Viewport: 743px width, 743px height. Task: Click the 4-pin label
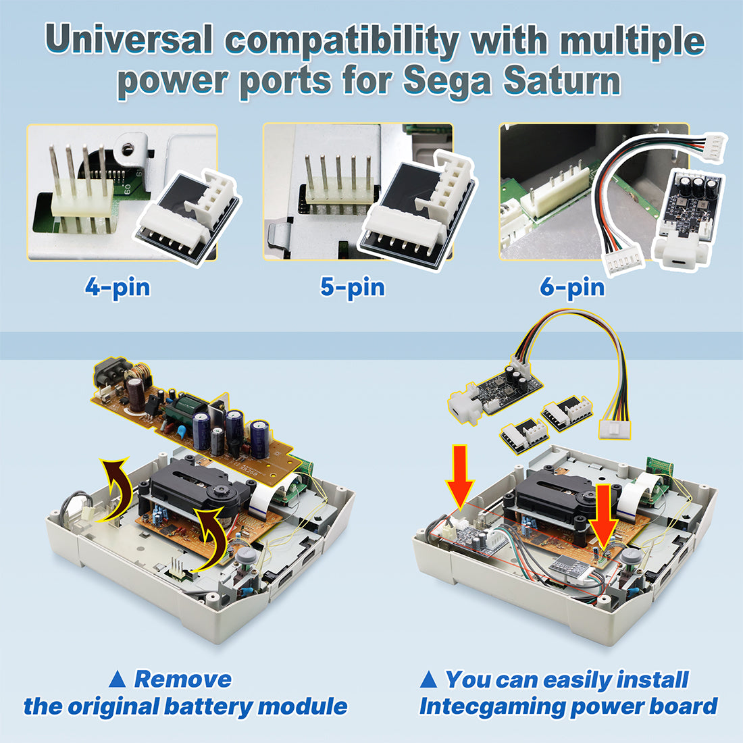[x=118, y=287]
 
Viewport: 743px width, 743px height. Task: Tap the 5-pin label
[x=353, y=287]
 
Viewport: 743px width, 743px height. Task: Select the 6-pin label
[x=572, y=287]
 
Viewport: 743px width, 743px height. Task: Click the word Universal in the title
[x=129, y=40]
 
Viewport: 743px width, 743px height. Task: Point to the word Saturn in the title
[x=561, y=81]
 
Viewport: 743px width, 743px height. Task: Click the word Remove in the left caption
[x=183, y=679]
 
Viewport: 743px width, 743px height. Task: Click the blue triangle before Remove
[x=117, y=679]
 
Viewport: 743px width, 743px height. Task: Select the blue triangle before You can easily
[x=428, y=679]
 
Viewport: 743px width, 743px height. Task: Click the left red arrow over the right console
[x=459, y=476]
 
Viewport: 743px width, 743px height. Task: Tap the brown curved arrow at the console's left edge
[x=113, y=488]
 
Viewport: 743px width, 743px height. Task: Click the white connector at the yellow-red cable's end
[x=615, y=430]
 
